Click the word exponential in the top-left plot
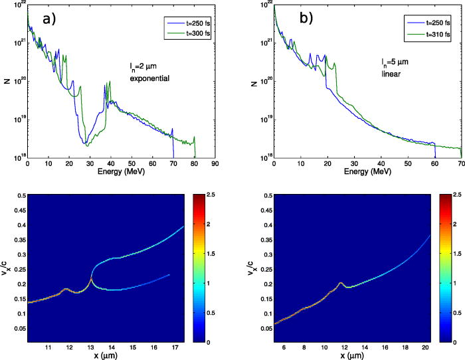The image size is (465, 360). [x=149, y=78]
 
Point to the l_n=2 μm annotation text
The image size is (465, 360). [x=145, y=67]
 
